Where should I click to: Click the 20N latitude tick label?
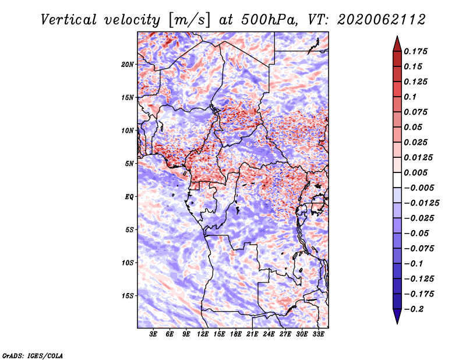(128, 65)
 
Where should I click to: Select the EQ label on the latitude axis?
(129, 197)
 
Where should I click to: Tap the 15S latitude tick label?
(128, 296)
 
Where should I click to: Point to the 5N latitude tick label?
(129, 164)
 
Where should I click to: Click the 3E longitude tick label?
(153, 334)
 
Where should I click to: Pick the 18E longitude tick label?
(236, 334)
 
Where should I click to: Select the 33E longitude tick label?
(318, 334)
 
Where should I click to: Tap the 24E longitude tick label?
(269, 334)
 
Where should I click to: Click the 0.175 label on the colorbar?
(415, 51)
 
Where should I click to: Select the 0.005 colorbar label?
(415, 172)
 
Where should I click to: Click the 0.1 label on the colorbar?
(410, 97)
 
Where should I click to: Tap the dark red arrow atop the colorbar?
(397, 44)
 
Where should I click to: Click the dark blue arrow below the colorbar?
(397, 316)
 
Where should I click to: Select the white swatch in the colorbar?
(397, 180)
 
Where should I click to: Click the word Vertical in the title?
(69, 20)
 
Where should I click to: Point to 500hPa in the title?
(269, 20)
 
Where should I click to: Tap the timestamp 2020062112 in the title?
(382, 20)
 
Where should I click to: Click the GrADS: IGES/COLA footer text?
(33, 356)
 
